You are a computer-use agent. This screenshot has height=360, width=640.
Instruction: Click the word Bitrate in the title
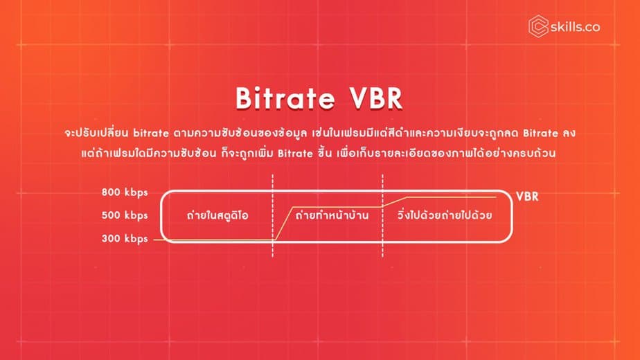point(285,98)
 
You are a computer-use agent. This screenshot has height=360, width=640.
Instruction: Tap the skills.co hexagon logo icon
point(538,26)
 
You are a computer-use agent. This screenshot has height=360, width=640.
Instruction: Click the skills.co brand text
point(575,27)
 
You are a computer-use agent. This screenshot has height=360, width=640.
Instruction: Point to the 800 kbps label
point(125,192)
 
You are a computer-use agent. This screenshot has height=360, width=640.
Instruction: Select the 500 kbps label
point(125,215)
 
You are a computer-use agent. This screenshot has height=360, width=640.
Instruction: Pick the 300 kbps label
point(125,238)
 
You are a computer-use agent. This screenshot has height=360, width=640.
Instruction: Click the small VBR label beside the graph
point(527,197)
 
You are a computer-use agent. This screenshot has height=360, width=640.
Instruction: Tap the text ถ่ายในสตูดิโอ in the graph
point(217,215)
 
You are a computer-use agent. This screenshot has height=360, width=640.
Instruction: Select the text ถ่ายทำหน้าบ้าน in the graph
point(331,215)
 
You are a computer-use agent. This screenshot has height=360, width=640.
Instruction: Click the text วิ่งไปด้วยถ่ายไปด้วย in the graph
point(445,215)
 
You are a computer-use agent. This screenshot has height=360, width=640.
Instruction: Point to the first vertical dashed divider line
point(273,215)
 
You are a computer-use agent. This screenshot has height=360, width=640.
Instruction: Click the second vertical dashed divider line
point(382,215)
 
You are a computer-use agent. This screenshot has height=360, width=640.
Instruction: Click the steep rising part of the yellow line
point(285,223)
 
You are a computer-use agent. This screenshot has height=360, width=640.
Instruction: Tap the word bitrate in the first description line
point(151,133)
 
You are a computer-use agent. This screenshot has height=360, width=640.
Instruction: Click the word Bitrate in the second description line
point(296,154)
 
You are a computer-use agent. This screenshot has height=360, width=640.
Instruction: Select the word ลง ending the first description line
point(569,133)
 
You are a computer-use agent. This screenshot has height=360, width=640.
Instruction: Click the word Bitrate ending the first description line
point(540,133)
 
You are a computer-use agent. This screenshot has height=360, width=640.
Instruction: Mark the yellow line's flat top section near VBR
point(452,197)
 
